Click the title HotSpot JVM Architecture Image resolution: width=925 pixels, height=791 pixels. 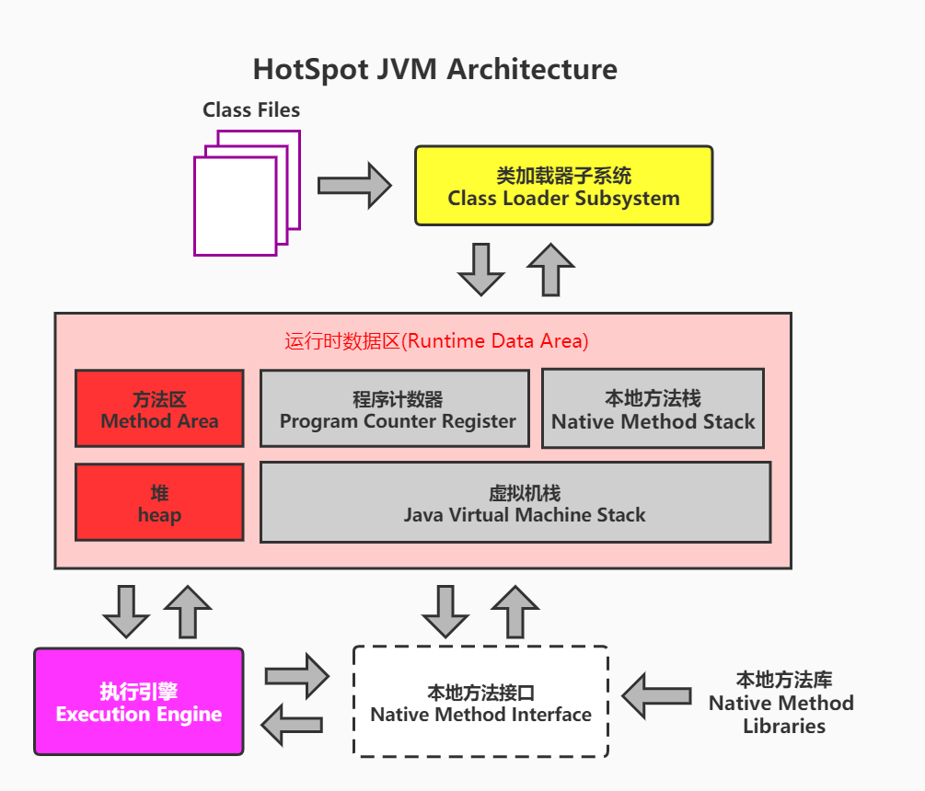(435, 69)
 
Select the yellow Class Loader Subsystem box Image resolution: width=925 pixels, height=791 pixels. (563, 185)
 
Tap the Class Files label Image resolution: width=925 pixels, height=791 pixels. (251, 110)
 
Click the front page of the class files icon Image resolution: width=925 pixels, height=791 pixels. (235, 205)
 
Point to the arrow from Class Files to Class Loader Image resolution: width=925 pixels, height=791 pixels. (354, 185)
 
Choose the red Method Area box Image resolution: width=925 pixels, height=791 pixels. (159, 409)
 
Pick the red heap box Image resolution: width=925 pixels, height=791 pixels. (159, 503)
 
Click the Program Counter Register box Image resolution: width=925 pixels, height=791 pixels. (395, 409)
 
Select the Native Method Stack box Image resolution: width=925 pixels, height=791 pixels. (653, 409)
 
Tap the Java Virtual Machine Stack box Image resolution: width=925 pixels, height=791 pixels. (515, 502)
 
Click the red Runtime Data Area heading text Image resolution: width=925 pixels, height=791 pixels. (436, 341)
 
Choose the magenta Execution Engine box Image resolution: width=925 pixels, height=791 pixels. (139, 702)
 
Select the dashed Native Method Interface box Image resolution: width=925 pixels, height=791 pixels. (480, 702)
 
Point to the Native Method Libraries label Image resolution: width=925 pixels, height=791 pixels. (782, 703)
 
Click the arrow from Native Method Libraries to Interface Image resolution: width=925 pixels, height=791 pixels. (656, 695)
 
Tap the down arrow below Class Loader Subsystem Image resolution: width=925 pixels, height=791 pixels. (480, 269)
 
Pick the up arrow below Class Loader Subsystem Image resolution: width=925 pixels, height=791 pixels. (550, 269)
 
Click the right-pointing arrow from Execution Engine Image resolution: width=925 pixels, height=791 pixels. (296, 676)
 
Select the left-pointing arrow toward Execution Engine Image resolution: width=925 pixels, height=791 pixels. (293, 725)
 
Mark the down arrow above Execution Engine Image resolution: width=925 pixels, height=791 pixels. (126, 611)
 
